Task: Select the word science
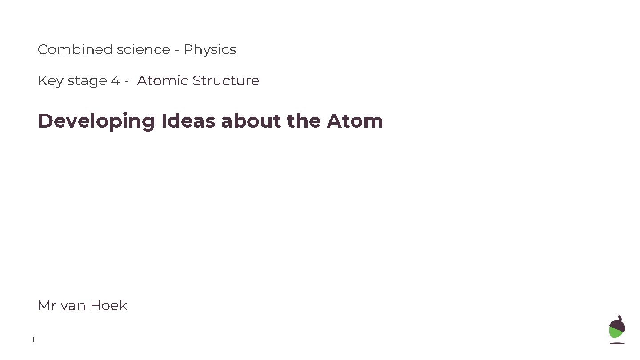pos(144,49)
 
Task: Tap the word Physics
pos(210,50)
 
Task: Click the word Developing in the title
pos(96,121)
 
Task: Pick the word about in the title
pos(251,120)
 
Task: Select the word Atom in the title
pos(355,120)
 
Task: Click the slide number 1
pos(33,340)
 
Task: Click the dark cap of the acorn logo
pos(617,323)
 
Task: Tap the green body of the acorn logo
pos(616,333)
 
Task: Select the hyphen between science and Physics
pos(177,50)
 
